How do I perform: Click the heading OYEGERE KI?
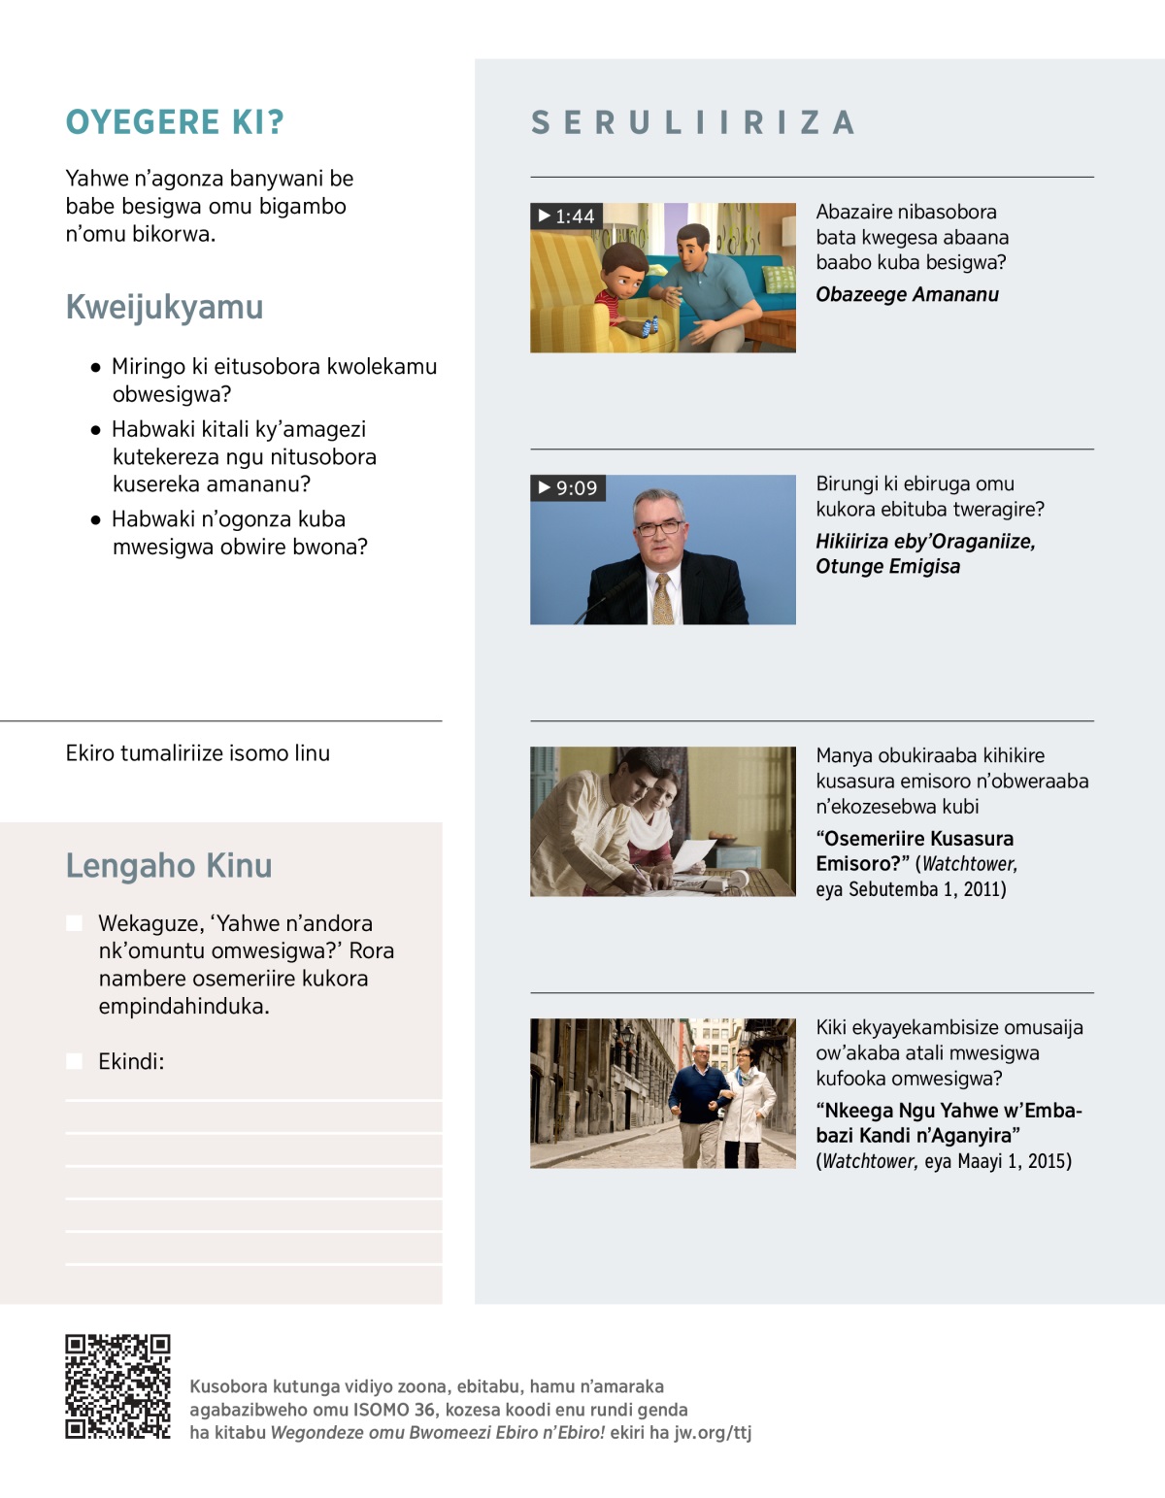(175, 122)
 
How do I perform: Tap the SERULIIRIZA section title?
(692, 123)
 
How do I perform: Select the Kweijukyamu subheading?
(164, 307)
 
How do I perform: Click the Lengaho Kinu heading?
(169, 865)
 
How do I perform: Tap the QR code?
(117, 1386)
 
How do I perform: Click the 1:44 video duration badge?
(566, 216)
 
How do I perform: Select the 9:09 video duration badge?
(568, 487)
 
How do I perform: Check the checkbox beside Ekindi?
(74, 1061)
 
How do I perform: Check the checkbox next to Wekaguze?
(74, 922)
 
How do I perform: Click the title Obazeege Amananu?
(907, 294)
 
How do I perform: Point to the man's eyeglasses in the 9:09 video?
(659, 528)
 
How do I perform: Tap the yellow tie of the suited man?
(663, 598)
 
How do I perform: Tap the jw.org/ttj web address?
(713, 1433)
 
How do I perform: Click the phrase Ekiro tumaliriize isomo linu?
(198, 753)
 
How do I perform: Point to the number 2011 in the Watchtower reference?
(982, 889)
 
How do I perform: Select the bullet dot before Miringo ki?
(95, 367)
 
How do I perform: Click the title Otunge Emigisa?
(887, 566)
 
